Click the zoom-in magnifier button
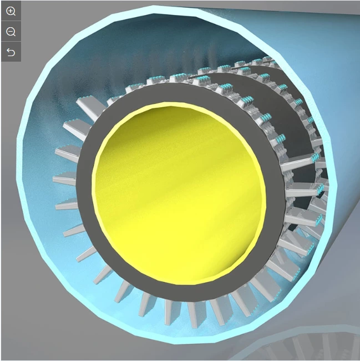click(11, 11)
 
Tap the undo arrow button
click(11, 52)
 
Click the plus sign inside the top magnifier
click(10, 11)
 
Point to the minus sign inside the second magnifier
click(10, 31)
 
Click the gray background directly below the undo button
click(10, 83)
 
